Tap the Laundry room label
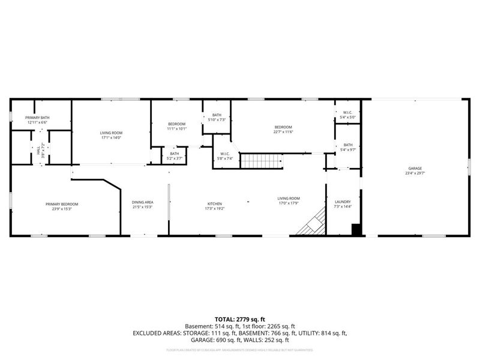pyautogui.click(x=343, y=204)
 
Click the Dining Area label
pyautogui.click(x=142, y=204)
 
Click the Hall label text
pyautogui.click(x=38, y=152)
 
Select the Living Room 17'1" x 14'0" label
pyautogui.click(x=110, y=135)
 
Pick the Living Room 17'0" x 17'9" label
pyautogui.click(x=288, y=200)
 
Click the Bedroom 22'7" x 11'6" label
pyautogui.click(x=283, y=129)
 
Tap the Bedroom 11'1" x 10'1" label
pyautogui.click(x=176, y=126)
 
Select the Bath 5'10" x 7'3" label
pyautogui.click(x=217, y=117)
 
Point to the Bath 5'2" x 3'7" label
pyautogui.click(x=175, y=155)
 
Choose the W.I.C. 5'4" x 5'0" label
pyautogui.click(x=347, y=114)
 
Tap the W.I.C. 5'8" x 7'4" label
pyautogui.click(x=225, y=156)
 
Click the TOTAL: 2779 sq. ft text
pyautogui.click(x=240, y=319)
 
